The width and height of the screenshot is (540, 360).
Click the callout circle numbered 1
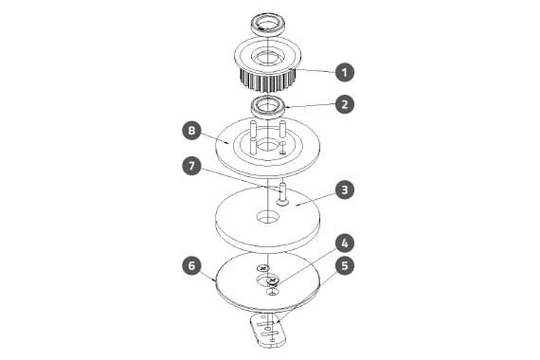(x=345, y=72)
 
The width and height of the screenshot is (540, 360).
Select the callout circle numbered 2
(x=345, y=104)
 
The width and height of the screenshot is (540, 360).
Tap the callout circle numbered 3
(x=345, y=189)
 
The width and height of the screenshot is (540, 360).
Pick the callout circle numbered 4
(x=345, y=243)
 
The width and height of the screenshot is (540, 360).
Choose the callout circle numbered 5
(x=345, y=265)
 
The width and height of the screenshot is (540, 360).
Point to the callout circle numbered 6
(x=191, y=265)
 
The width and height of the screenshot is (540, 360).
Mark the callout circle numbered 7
(x=191, y=166)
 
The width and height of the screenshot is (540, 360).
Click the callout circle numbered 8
(x=191, y=131)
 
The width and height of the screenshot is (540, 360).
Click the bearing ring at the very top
(x=267, y=25)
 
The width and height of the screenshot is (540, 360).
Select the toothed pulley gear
(x=267, y=64)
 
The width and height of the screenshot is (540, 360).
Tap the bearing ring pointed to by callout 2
(x=267, y=106)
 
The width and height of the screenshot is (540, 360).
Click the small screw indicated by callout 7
(x=282, y=194)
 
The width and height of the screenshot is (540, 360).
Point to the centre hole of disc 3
(x=267, y=217)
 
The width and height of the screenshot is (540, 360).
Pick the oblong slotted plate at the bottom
(x=268, y=330)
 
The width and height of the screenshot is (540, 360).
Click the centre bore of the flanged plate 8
(x=267, y=145)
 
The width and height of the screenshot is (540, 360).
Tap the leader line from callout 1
(x=315, y=71)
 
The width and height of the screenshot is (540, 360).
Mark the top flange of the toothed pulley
(x=267, y=56)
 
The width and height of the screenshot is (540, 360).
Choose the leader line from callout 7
(x=241, y=179)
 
